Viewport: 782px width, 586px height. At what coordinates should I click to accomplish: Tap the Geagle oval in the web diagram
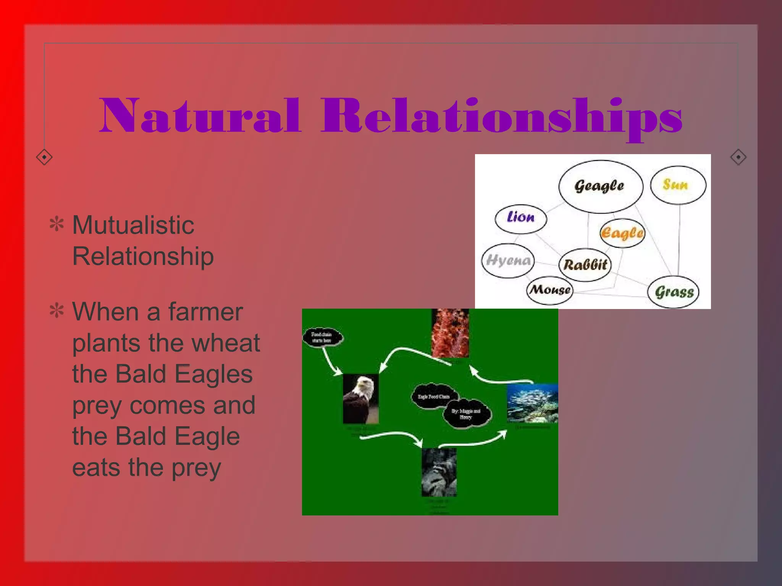point(600,186)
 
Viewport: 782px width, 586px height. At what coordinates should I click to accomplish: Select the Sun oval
point(678,185)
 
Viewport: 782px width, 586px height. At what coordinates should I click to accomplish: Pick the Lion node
point(520,218)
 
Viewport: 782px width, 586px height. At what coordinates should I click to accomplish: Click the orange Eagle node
point(622,233)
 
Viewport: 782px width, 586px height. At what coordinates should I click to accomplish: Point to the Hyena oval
point(508,261)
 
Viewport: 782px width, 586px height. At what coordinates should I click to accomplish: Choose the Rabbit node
point(585,265)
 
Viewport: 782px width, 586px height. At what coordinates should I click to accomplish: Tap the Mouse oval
point(550,290)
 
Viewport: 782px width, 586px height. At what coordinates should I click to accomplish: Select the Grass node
point(674,292)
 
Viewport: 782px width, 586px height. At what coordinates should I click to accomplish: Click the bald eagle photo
point(360,399)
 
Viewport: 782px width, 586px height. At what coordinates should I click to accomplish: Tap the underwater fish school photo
point(532,403)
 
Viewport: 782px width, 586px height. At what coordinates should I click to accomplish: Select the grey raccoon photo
point(439,472)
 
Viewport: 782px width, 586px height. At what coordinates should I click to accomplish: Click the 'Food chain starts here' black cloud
point(323,337)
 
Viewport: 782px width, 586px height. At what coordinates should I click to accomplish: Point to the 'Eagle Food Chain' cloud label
point(434,397)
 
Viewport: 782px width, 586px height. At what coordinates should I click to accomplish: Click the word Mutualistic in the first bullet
point(133,225)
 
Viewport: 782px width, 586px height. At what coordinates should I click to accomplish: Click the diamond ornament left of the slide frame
point(44,157)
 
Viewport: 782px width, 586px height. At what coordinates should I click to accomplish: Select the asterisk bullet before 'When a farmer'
point(57,311)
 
